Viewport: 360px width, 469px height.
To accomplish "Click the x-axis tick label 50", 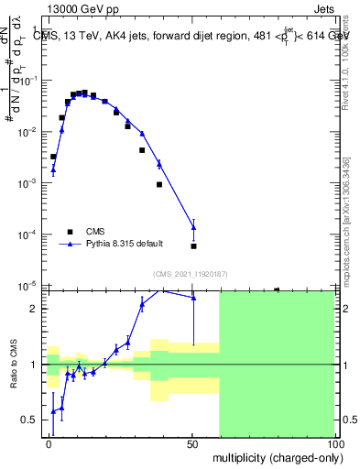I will (192, 443).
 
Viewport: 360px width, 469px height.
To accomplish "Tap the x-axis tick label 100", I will (334, 443).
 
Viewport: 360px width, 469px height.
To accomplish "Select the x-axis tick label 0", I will (49, 443).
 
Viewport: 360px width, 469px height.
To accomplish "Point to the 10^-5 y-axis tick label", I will (29, 286).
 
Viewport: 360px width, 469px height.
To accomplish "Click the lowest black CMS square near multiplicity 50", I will (193, 245).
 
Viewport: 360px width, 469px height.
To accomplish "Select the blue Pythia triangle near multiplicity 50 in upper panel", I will (193, 227).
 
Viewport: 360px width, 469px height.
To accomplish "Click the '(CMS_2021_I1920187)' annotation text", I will (189, 273).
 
